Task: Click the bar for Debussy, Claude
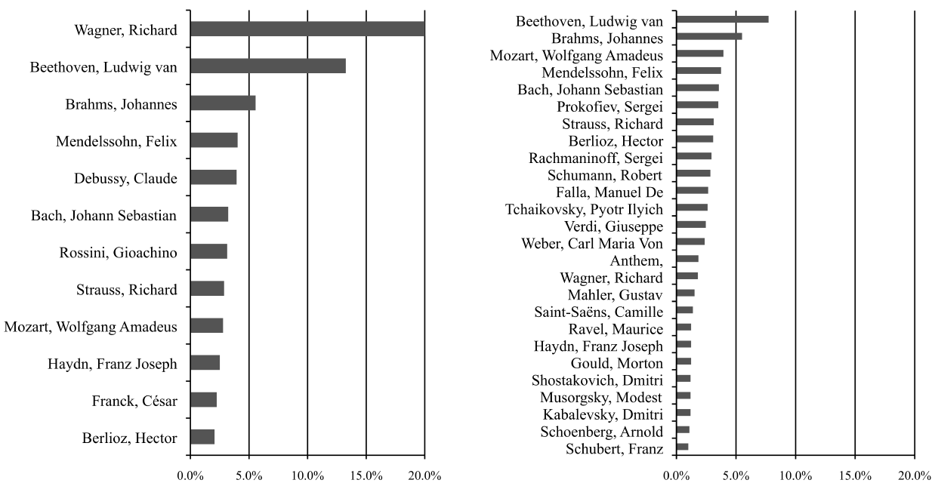tap(213, 177)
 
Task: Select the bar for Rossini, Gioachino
tap(208, 251)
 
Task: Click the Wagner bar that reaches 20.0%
tap(307, 29)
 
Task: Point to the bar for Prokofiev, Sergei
tap(697, 105)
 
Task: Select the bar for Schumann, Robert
tap(693, 174)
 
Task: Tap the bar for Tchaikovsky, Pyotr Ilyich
tap(692, 208)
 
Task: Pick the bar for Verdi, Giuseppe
tap(691, 225)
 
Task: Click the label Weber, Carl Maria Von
tap(592, 243)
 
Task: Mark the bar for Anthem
tap(687, 259)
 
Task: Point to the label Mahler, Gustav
tap(615, 294)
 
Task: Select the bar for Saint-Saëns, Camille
tap(684, 310)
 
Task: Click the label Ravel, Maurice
tap(616, 329)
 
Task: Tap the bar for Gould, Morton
tap(683, 361)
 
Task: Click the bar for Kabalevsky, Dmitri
tap(683, 413)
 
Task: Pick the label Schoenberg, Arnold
tap(602, 432)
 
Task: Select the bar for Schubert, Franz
tap(682, 447)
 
